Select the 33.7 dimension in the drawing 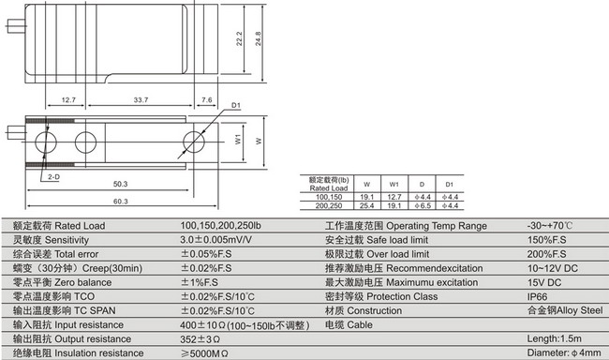141,98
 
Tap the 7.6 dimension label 206,98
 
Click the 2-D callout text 51,175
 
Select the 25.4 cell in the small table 367,205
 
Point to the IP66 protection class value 541,296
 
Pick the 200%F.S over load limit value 547,255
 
